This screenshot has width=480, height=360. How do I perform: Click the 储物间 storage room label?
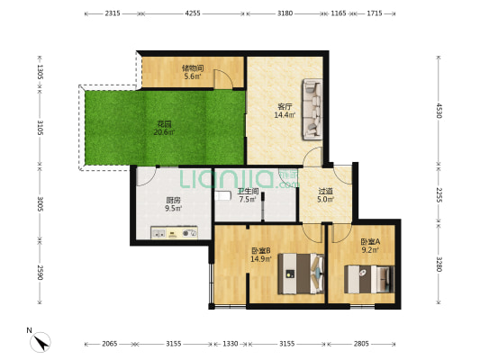[x=193, y=67]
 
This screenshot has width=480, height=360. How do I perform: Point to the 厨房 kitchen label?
[x=173, y=201]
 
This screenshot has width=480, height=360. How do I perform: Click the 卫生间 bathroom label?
[x=249, y=191]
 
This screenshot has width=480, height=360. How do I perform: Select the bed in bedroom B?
[x=301, y=272]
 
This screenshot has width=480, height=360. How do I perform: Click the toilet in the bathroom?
[x=222, y=194]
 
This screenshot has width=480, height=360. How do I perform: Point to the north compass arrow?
[x=41, y=341]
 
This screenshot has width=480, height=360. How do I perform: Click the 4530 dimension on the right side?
[x=439, y=111]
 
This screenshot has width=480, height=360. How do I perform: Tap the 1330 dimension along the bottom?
[x=231, y=343]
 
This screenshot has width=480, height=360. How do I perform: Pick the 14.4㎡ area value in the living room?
[x=285, y=115]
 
